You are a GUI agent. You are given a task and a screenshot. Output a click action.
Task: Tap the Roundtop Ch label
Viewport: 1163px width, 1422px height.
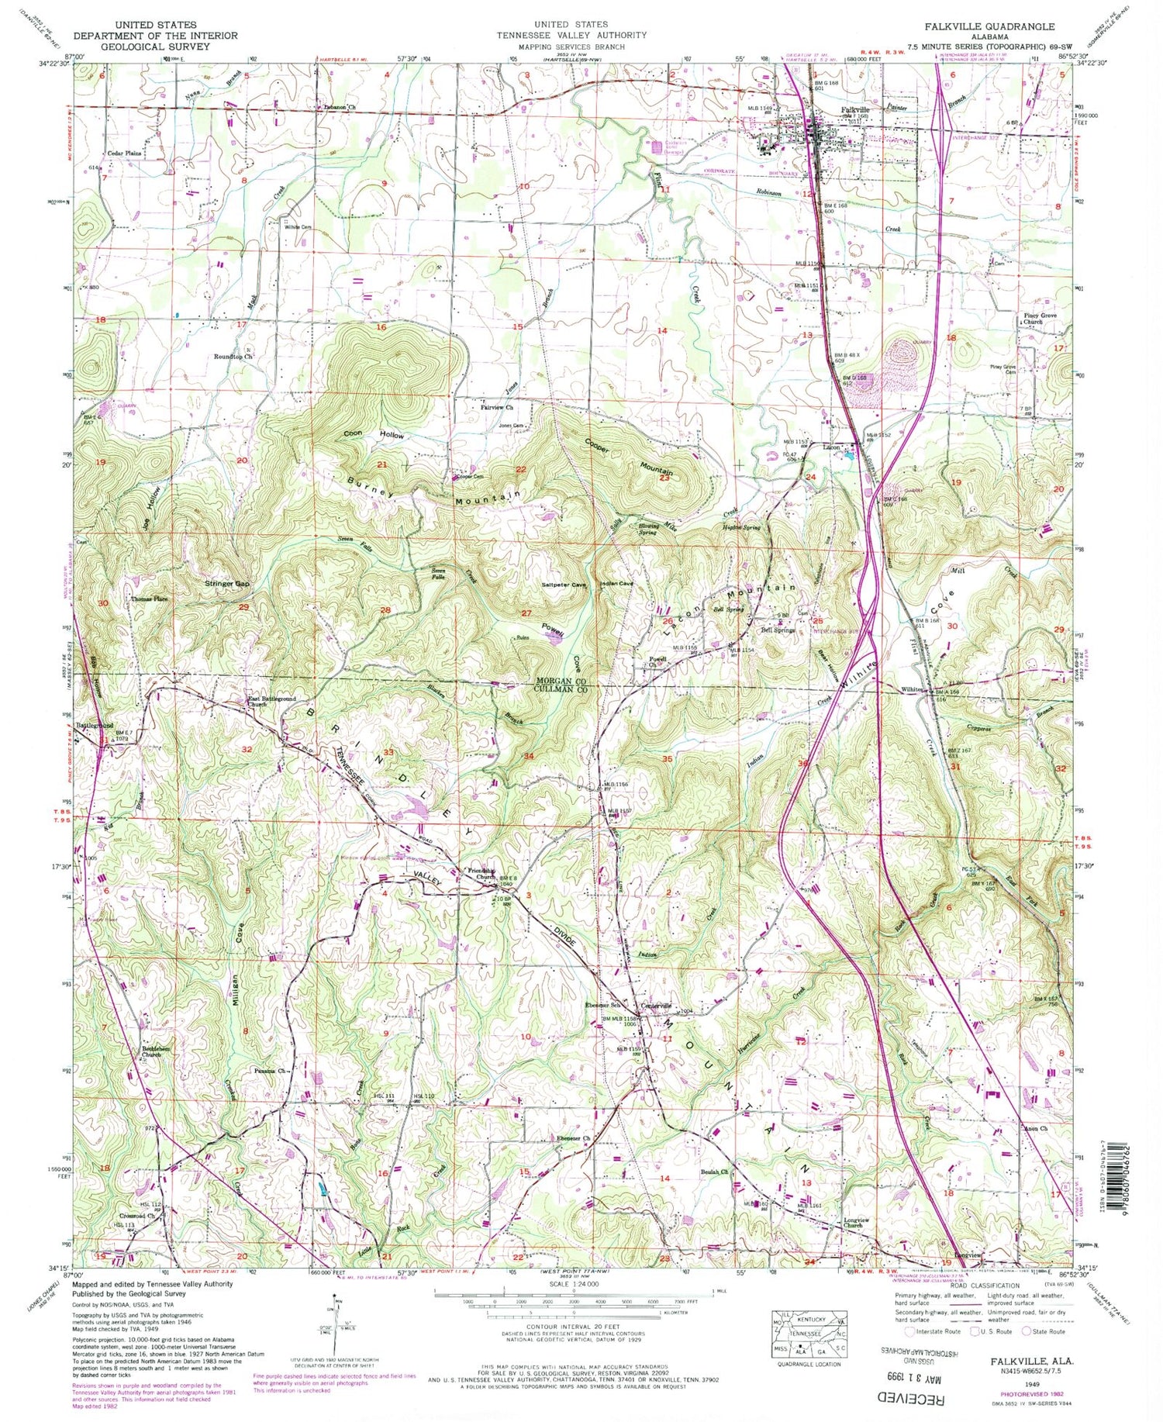[x=233, y=357]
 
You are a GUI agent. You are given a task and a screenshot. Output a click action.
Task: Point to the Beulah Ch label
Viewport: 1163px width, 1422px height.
[x=714, y=1172]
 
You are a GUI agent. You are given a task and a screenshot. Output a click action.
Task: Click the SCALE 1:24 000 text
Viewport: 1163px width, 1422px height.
[x=572, y=1284]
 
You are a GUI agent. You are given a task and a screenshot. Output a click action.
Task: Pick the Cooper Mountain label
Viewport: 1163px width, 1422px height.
[x=628, y=461]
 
